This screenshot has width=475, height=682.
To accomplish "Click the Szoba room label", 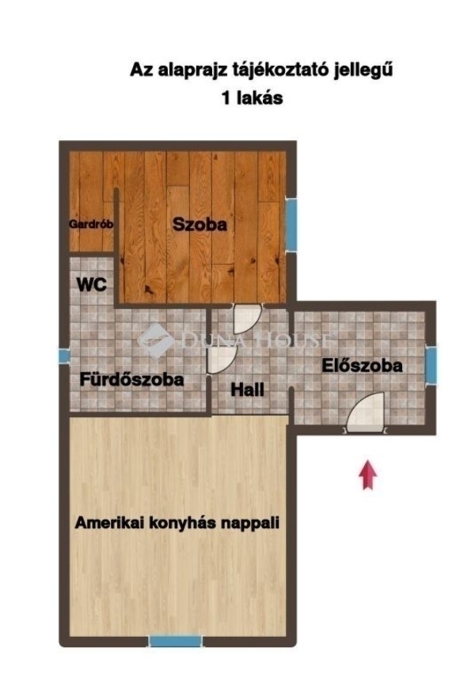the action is pyautogui.click(x=199, y=224).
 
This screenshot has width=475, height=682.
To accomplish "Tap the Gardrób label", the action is pyautogui.click(x=91, y=224).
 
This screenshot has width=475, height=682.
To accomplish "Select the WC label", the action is pyautogui.click(x=92, y=285).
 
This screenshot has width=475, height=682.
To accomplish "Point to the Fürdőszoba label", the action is pyautogui.click(x=131, y=379).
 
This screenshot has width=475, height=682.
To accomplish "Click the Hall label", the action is pyautogui.click(x=247, y=389).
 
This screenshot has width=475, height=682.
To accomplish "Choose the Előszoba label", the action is pyautogui.click(x=362, y=365).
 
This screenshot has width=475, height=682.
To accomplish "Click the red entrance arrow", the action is pyautogui.click(x=367, y=474).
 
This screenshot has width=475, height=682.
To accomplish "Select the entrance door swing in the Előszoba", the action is pyautogui.click(x=366, y=413).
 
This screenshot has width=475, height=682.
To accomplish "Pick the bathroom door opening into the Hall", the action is pyautogui.click(x=222, y=359).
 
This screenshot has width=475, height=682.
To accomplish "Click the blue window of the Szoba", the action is pyautogui.click(x=291, y=224).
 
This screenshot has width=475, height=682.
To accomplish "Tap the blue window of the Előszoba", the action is pyautogui.click(x=431, y=365).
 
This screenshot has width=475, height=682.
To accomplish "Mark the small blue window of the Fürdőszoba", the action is pyautogui.click(x=64, y=356).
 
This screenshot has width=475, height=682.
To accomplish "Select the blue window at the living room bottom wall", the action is pyautogui.click(x=176, y=641).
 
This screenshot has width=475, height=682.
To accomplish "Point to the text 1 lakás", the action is pyautogui.click(x=253, y=97).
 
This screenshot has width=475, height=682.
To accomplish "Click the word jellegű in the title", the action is pyautogui.click(x=363, y=70).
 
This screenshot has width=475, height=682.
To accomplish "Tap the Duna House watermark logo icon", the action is pyautogui.click(x=155, y=340).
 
